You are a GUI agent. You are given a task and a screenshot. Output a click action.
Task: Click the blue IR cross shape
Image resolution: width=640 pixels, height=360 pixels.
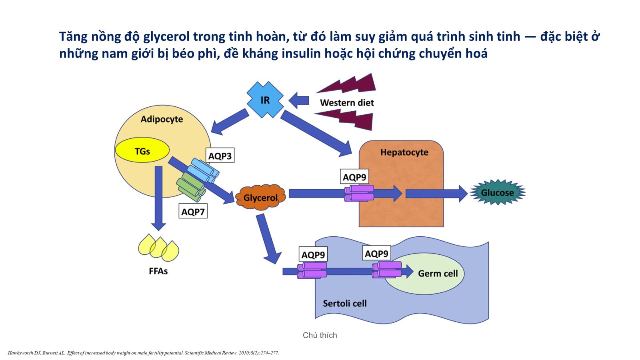265,100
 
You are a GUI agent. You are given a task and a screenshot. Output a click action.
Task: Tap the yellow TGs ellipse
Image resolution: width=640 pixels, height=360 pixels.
142,151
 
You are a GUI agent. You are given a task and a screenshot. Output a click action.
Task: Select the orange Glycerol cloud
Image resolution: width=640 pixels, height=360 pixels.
260,197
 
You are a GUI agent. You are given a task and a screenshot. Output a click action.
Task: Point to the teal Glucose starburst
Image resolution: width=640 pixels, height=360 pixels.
497,192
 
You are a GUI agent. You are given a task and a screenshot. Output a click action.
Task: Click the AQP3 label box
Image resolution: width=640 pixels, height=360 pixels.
220,156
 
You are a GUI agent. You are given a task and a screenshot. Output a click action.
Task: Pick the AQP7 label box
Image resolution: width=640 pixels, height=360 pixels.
193,211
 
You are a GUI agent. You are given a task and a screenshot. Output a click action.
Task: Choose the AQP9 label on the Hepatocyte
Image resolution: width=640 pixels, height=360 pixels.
354,177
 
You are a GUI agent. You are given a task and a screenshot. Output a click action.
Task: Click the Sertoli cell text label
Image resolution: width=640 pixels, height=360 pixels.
344,303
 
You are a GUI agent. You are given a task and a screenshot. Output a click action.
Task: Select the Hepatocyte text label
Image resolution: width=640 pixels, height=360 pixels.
404,152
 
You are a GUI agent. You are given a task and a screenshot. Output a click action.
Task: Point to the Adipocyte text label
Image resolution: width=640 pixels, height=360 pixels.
162,119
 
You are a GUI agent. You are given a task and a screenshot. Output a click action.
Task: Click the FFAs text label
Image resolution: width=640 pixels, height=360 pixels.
158,271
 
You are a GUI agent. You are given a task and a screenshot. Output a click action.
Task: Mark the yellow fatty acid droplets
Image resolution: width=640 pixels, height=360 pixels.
158,247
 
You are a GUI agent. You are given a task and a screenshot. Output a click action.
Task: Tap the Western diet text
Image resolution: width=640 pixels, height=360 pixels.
347,103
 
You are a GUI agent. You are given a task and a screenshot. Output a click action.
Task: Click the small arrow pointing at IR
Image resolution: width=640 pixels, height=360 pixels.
299,100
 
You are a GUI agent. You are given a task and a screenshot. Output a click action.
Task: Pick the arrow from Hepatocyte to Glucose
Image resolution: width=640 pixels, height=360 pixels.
436,194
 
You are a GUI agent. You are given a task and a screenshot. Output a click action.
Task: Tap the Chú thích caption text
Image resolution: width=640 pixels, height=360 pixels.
320,335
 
